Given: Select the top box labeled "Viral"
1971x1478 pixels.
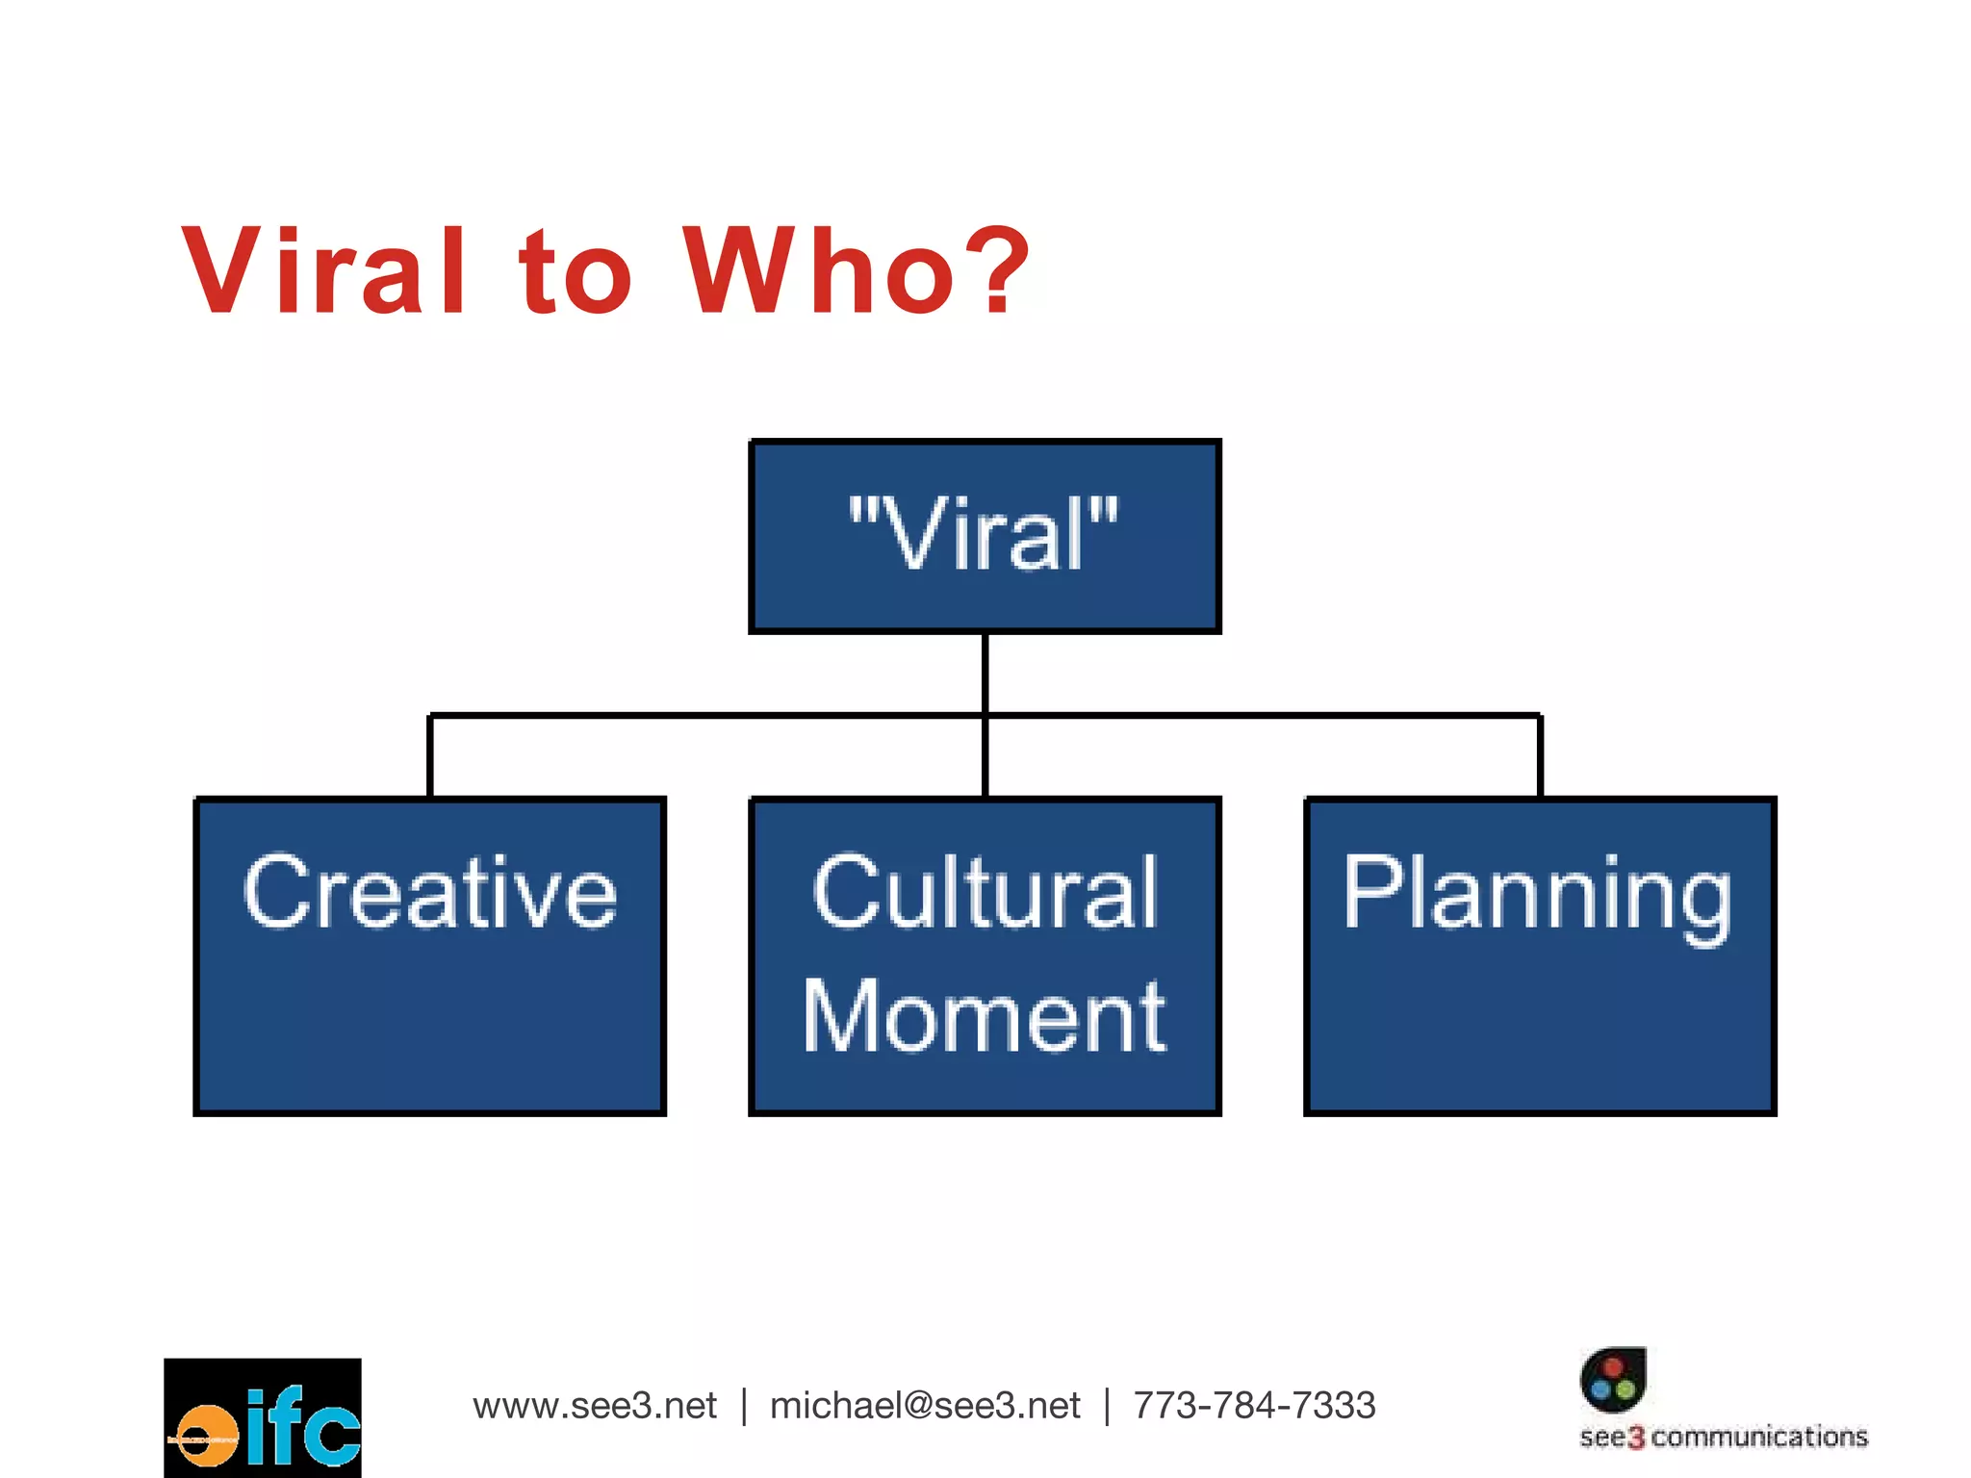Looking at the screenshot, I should point(985,536).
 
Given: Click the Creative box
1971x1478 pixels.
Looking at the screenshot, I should point(429,956).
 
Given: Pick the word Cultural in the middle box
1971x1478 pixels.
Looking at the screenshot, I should point(985,893).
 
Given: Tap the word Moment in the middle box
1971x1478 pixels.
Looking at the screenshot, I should point(985,1016).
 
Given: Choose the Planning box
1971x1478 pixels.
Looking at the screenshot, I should point(1540,956).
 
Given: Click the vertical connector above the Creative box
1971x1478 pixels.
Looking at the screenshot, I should point(429,756).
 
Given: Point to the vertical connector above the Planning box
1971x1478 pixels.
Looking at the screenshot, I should point(1540,756).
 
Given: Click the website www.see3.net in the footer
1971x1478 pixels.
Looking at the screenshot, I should point(595,1406).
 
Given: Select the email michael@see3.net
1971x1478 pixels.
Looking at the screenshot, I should point(925,1406).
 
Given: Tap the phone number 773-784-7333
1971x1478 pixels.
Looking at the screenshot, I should point(1254,1406).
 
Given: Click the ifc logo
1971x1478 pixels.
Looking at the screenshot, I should point(263,1417).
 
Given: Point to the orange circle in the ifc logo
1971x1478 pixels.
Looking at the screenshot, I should point(205,1438).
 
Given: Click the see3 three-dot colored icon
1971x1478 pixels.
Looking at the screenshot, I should point(1613,1379).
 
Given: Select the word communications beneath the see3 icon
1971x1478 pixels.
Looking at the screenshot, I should point(1759,1438).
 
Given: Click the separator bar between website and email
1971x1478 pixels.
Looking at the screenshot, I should point(744,1406).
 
